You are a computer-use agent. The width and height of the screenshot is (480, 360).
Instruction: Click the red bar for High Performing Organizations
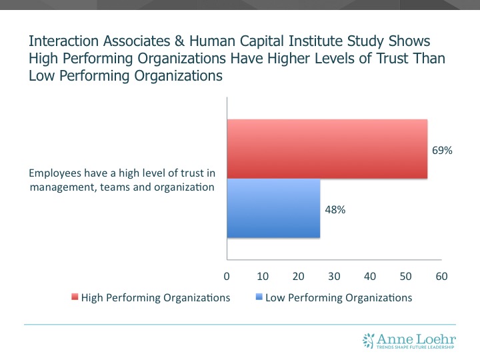click(327, 149)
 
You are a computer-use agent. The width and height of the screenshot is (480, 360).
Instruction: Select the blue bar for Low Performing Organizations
click(273, 208)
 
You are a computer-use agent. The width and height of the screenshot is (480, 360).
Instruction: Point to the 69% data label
click(442, 151)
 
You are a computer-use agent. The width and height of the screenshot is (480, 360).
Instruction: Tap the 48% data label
click(335, 209)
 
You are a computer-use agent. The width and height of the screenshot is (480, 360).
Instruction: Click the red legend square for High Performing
click(75, 298)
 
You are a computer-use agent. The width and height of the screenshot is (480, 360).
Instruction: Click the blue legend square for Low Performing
click(259, 298)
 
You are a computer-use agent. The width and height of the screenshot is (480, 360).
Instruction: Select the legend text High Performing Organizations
click(155, 298)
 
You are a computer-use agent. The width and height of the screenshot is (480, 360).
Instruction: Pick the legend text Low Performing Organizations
click(339, 298)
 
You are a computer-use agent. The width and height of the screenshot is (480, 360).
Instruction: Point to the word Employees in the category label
click(55, 173)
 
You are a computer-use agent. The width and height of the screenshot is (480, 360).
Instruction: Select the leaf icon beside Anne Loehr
click(369, 340)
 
